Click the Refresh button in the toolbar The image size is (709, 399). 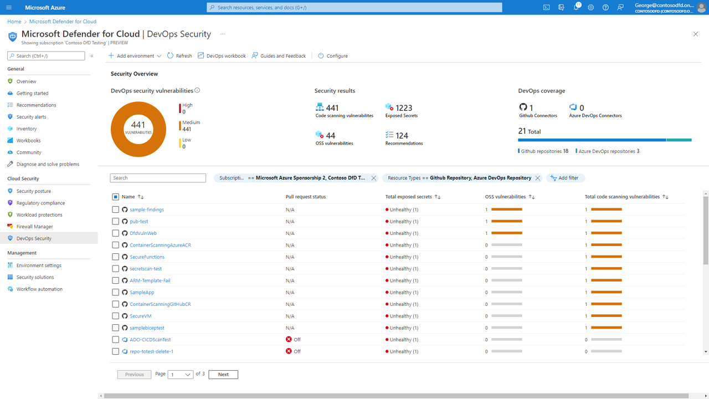click(x=179, y=56)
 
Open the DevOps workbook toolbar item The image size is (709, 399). click(x=222, y=56)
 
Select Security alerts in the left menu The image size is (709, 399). click(x=31, y=117)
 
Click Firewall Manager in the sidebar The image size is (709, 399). click(x=34, y=227)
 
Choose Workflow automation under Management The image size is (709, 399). click(x=39, y=289)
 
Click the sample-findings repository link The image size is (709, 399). click(x=147, y=210)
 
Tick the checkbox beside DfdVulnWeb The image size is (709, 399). click(x=115, y=233)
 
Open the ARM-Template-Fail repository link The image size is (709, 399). click(x=150, y=280)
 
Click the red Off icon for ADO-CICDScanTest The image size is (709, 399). click(x=289, y=340)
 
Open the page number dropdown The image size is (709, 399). click(x=181, y=375)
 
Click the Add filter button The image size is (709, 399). click(x=565, y=178)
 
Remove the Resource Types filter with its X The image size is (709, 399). click(x=537, y=178)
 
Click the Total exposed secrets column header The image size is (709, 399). click(x=409, y=197)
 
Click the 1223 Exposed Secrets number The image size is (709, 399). click(x=404, y=108)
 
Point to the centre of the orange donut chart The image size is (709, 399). click(x=138, y=129)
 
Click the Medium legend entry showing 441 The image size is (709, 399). click(x=191, y=126)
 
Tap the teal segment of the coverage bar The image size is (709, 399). click(x=679, y=140)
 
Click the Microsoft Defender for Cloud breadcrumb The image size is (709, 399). click(x=63, y=22)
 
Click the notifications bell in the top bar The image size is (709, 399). click(x=576, y=8)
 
